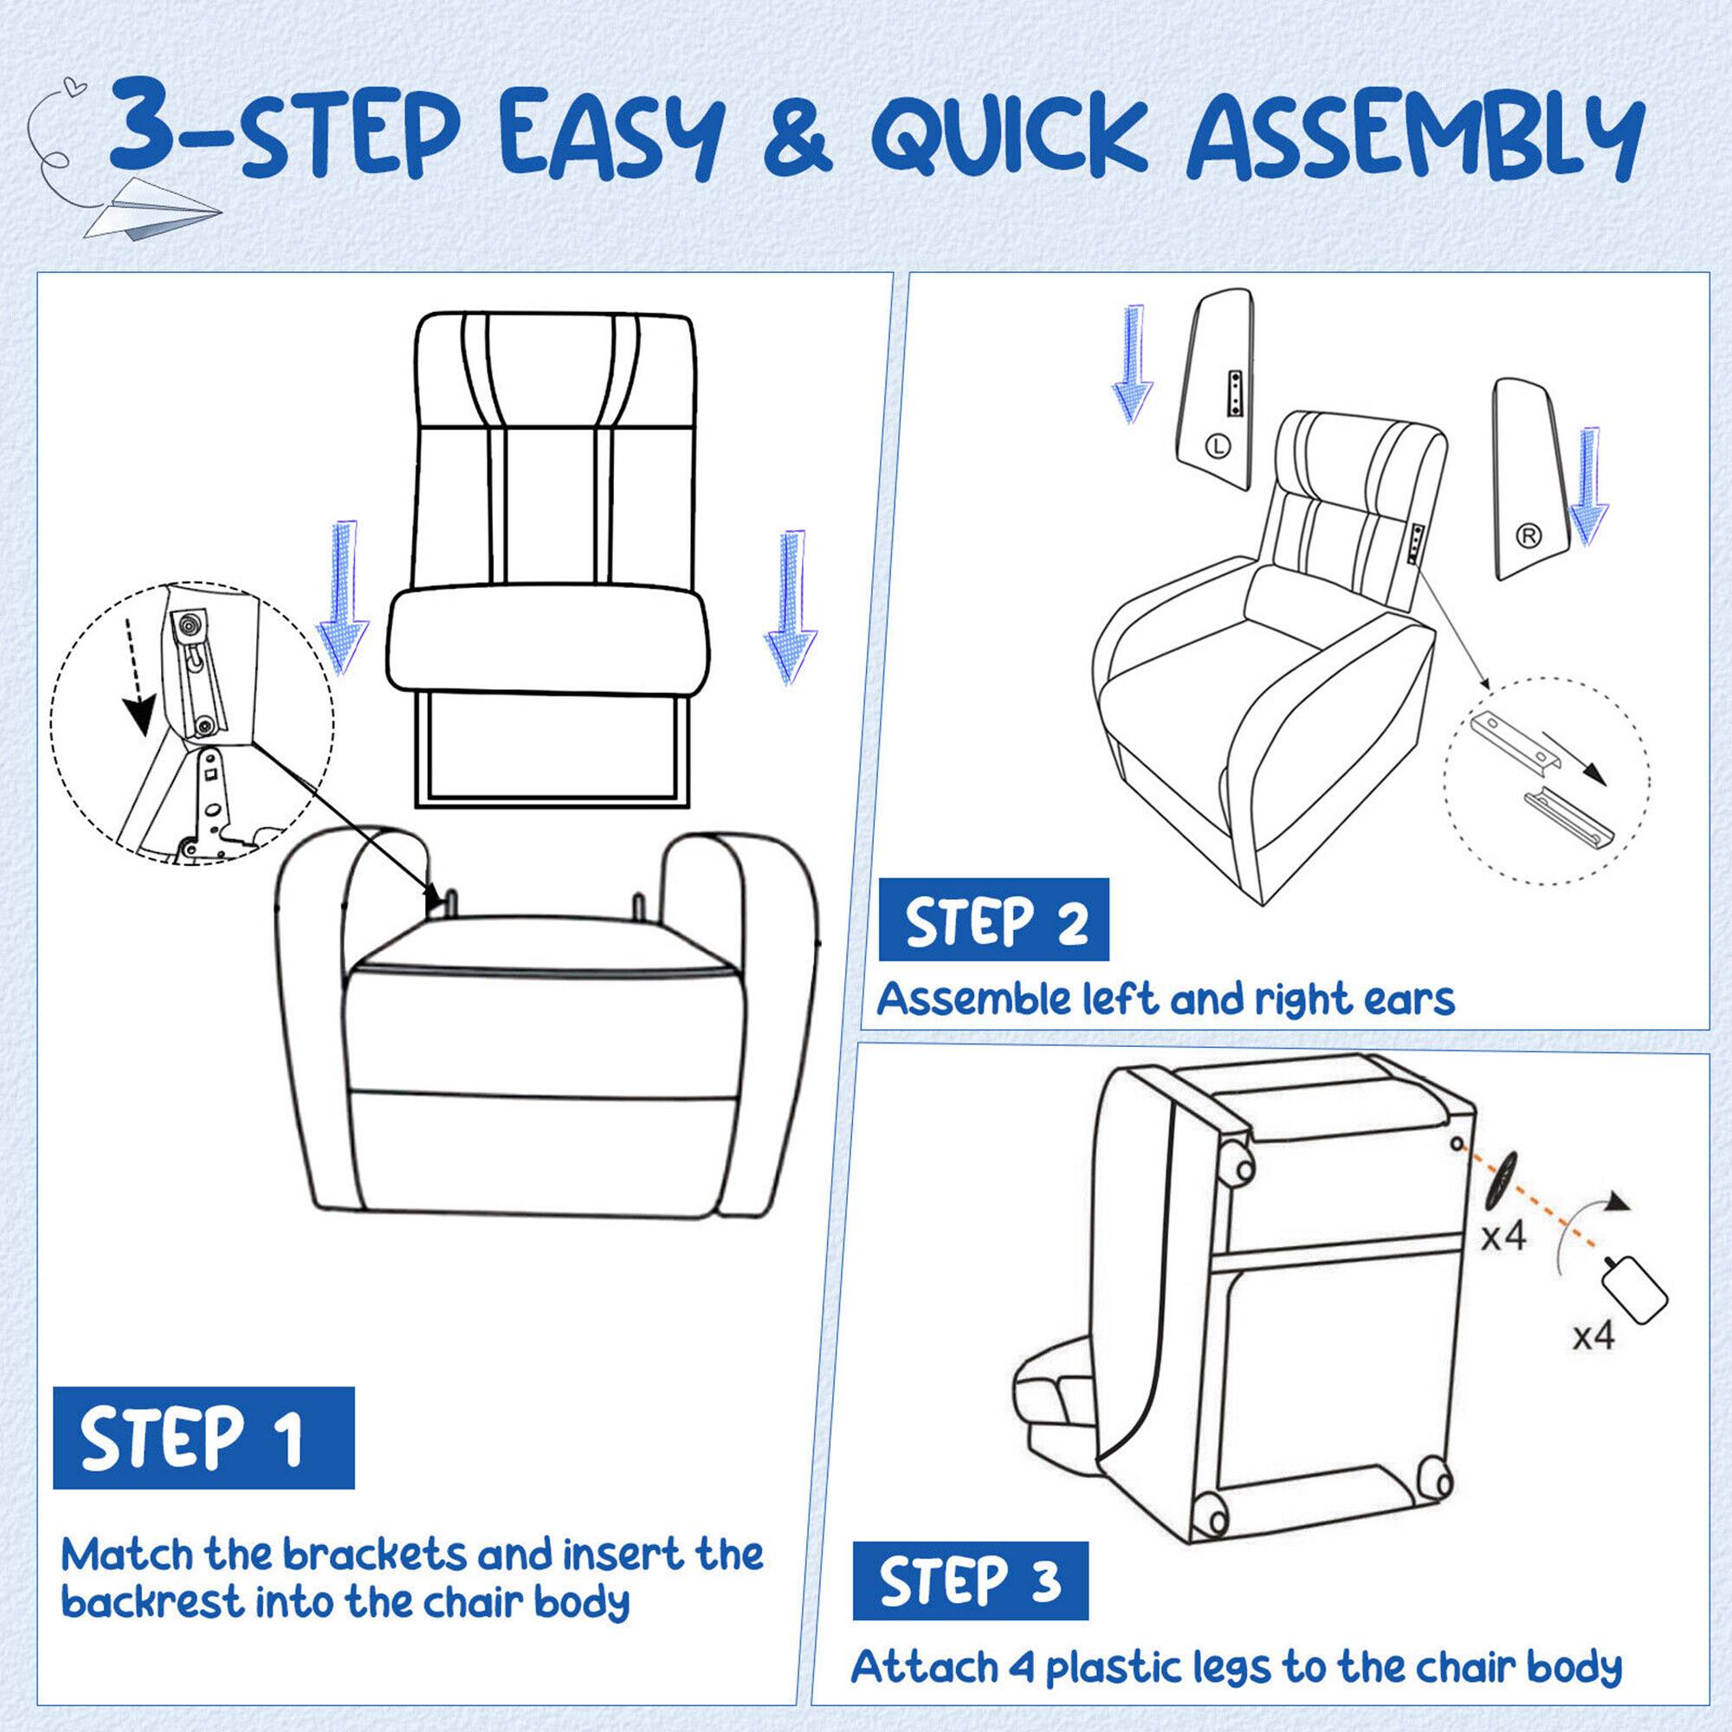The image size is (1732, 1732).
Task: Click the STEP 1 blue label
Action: coord(204,1437)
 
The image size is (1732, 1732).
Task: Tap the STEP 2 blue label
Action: coord(993,920)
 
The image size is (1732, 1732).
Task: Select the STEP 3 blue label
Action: coord(970,1580)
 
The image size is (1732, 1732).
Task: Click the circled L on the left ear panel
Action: coord(1216,443)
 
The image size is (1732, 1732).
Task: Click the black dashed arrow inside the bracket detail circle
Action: coord(137,673)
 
